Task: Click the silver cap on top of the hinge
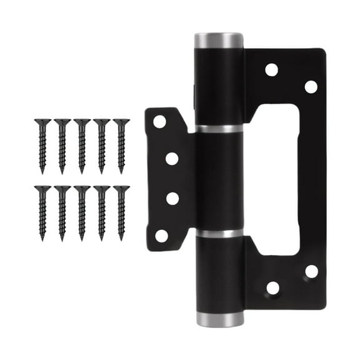pyautogui.click(x=218, y=41)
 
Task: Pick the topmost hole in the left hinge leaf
pyautogui.click(x=160, y=121)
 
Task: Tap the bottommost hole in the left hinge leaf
pyautogui.click(x=161, y=236)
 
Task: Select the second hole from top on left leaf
pyautogui.click(x=172, y=159)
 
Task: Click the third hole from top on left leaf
pyautogui.click(x=172, y=199)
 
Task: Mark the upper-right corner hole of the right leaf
pyautogui.click(x=311, y=87)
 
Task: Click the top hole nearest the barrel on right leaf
pyautogui.click(x=271, y=69)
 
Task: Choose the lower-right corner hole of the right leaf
pyautogui.click(x=311, y=271)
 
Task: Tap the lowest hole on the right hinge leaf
pyautogui.click(x=272, y=288)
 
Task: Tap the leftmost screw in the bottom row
pyautogui.click(x=42, y=212)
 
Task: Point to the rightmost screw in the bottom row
pyautogui.click(x=121, y=212)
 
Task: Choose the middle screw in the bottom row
pyautogui.click(x=82, y=212)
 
